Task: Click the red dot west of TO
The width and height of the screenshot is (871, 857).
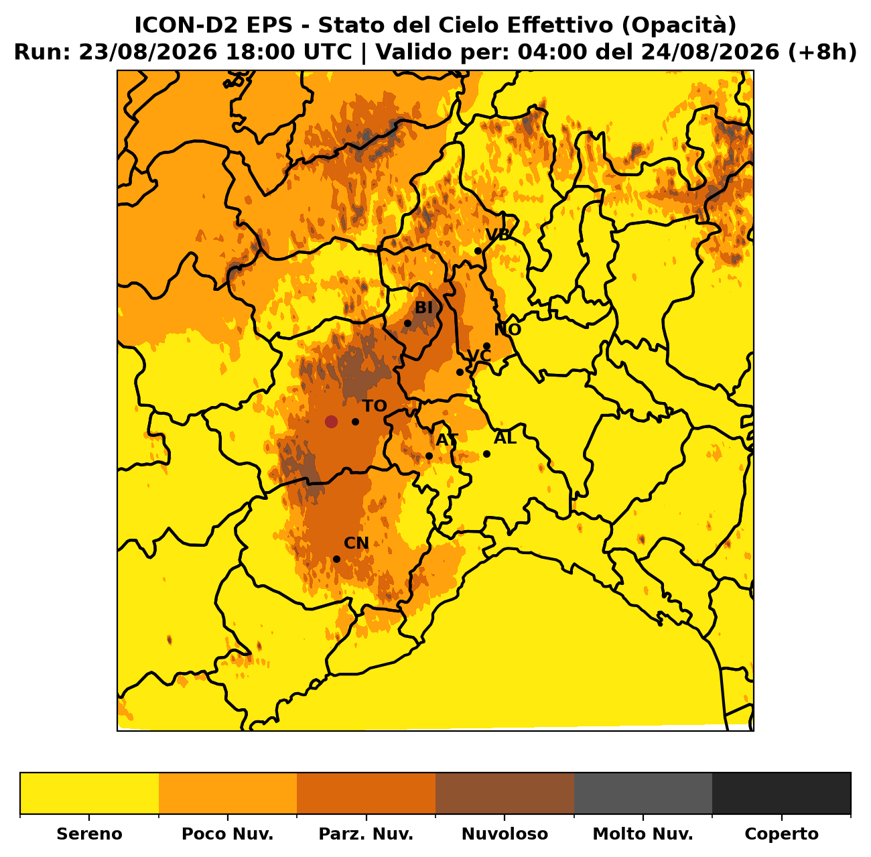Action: coord(331,422)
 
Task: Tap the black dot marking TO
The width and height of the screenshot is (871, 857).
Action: coord(355,422)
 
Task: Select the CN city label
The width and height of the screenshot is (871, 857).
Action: coord(356,543)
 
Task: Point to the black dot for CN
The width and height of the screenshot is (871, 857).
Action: coord(336,559)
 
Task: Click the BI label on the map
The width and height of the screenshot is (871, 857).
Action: coord(423,308)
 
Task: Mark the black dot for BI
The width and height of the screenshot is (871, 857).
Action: coord(407,324)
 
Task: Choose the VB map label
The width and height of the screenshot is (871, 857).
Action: coord(497,235)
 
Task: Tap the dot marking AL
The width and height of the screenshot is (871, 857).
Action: coord(487,454)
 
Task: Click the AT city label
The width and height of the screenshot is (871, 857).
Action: coord(447,440)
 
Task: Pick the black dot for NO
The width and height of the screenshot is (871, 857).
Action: coord(487,346)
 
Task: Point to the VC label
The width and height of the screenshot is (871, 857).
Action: coord(479,356)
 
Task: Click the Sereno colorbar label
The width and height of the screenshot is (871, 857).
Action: coord(90,834)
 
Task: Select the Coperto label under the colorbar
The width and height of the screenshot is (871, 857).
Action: coord(781,834)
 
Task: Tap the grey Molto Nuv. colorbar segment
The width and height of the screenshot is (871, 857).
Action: coord(643,793)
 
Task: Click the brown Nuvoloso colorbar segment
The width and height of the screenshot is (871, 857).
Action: coord(505,793)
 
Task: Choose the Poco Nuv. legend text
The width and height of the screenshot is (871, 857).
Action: coord(227,834)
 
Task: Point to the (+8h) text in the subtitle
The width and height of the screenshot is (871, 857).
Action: coord(822,52)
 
